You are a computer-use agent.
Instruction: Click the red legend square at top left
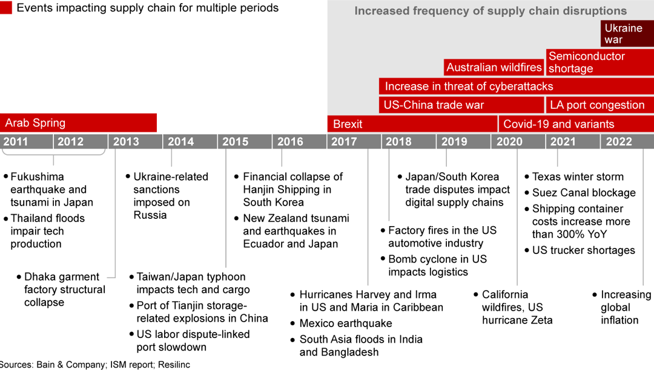tap(5, 8)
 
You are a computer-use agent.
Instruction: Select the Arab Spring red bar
tap(78, 123)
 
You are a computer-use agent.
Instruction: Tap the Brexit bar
tap(412, 124)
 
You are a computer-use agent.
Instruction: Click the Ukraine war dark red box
tap(627, 34)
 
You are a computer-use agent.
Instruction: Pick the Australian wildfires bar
tap(494, 67)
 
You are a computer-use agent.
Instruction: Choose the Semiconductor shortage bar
tap(599, 62)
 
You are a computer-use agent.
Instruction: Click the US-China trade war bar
tap(461, 105)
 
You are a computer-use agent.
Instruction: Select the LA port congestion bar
tap(599, 105)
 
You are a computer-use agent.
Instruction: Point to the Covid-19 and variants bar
tap(575, 124)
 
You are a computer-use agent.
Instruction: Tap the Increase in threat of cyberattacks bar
tap(516, 86)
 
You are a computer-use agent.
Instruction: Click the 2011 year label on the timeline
tap(16, 141)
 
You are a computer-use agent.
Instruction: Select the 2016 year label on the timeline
tap(290, 141)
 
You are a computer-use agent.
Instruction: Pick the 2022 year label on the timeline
tap(619, 141)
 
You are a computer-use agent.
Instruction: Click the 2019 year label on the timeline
tap(454, 141)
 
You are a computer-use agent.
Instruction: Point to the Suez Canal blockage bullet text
tap(584, 193)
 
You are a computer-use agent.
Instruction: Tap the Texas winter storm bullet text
tap(578, 177)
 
